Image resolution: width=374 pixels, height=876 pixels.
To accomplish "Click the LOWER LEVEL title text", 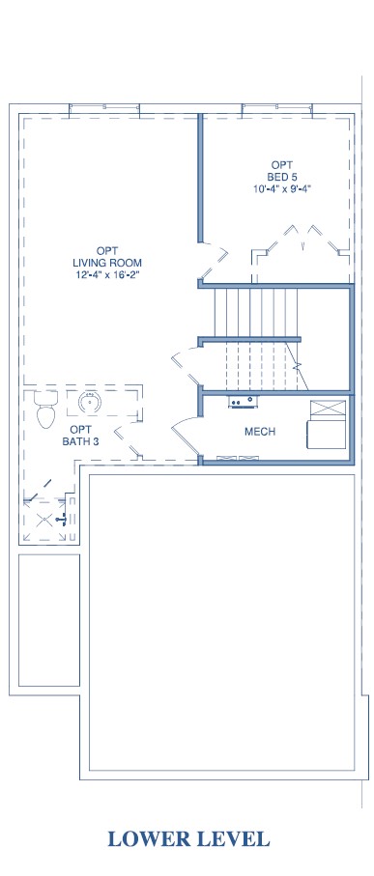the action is (188, 838).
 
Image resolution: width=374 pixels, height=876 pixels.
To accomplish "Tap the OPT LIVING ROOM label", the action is (107, 257).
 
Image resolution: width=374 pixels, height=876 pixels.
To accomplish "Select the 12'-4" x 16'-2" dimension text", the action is (107, 274).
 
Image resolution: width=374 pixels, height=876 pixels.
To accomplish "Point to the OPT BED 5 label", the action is (279, 170).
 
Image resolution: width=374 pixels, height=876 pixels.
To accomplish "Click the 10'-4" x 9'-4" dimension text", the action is (281, 188).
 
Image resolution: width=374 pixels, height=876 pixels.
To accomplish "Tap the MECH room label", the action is (260, 432).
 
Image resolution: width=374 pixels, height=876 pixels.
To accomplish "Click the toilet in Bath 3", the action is (45, 409).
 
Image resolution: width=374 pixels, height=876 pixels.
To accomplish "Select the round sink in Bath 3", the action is (89, 402).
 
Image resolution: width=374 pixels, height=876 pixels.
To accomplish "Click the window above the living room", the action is (104, 110).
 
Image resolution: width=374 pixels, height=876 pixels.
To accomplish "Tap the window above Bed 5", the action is (277, 110).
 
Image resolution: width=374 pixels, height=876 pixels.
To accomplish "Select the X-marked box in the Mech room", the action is (329, 409).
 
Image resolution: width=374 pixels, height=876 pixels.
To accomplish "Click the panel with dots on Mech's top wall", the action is (244, 401).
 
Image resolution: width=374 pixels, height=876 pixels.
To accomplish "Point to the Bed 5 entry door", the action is (213, 263).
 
